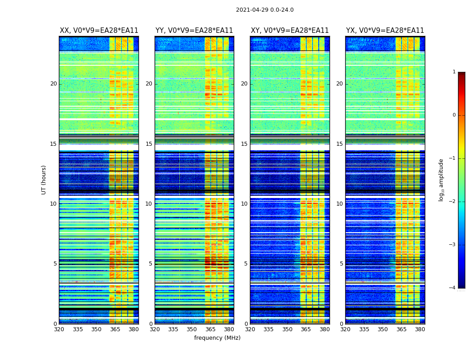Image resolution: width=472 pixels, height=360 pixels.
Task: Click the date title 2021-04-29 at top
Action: (264, 10)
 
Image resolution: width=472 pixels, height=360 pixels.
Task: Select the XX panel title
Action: (99, 31)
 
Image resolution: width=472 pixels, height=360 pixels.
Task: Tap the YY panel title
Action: (194, 31)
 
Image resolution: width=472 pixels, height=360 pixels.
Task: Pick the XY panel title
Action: (289, 31)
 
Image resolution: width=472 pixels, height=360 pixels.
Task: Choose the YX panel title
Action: (385, 31)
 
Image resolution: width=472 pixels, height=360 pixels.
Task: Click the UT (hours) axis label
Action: (44, 180)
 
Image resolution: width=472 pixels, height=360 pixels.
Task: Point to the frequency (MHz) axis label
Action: (217, 338)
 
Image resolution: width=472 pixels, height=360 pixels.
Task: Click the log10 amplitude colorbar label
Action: (441, 180)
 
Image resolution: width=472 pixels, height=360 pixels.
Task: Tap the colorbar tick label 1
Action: (454, 72)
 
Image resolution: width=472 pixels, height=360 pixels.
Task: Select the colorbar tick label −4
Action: (453, 288)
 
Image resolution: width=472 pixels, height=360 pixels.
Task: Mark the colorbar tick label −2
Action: (453, 202)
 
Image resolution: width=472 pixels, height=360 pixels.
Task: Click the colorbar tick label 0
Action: (454, 115)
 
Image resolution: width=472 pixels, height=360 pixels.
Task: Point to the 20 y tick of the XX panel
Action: (53, 84)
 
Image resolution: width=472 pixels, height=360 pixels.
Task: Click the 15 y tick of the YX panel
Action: (339, 144)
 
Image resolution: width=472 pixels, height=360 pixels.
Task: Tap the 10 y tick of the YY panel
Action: (149, 204)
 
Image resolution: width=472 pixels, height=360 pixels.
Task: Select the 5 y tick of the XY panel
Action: (246, 264)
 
